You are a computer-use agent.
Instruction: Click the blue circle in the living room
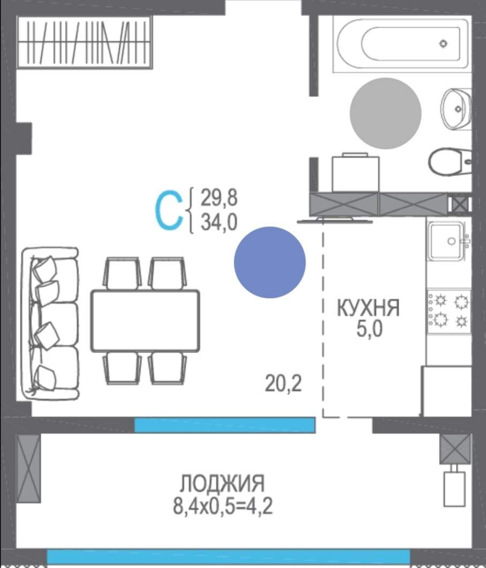click(270, 262)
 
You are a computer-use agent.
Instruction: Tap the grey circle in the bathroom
click(385, 113)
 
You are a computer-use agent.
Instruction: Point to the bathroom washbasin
click(456, 109)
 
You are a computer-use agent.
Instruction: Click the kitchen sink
click(448, 240)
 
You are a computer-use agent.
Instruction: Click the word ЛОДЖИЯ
click(222, 484)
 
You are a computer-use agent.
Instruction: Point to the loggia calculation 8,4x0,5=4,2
click(223, 505)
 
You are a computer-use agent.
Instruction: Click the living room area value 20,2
click(283, 383)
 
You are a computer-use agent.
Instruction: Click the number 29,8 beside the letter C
click(218, 198)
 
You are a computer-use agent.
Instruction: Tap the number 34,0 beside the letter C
click(218, 221)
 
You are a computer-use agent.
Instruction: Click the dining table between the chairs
click(145, 320)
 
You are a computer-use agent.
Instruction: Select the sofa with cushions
click(50, 323)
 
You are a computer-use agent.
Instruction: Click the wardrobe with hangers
click(85, 42)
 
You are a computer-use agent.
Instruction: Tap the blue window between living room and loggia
click(224, 425)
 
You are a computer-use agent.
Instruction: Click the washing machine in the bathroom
click(356, 173)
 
